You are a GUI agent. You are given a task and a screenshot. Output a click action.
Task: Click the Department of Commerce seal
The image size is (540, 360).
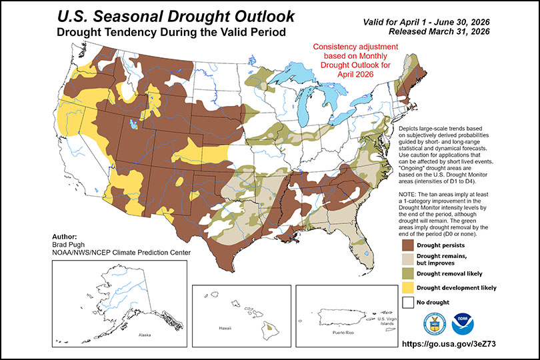(434, 323)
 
